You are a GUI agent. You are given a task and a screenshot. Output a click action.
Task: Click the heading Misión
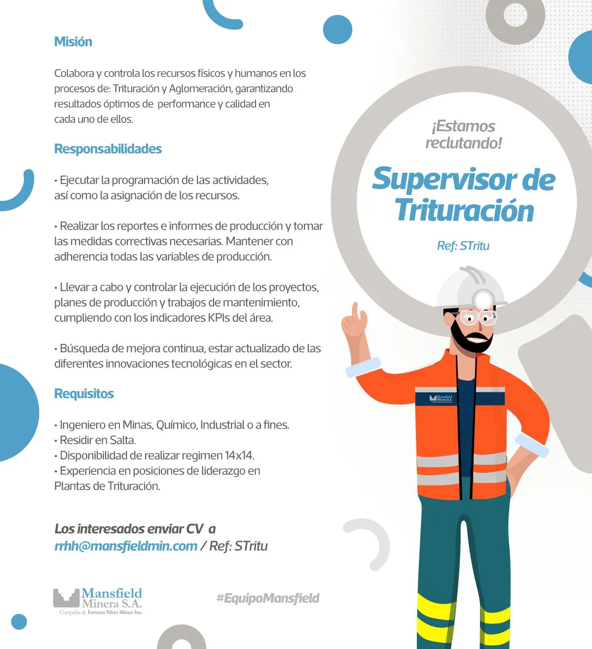(73, 42)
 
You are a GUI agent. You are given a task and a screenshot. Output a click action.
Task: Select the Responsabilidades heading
(108, 149)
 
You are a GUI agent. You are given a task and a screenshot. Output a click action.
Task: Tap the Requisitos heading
(84, 394)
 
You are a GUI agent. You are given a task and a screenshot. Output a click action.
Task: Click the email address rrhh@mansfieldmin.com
(126, 546)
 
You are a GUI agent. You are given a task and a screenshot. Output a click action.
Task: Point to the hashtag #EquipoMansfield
(268, 598)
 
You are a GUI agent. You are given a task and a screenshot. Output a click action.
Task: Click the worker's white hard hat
(469, 289)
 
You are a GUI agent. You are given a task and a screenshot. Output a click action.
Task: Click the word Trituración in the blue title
(464, 211)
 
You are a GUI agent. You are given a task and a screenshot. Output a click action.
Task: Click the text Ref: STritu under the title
(463, 246)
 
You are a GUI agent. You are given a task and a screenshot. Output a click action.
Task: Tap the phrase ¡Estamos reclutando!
(464, 134)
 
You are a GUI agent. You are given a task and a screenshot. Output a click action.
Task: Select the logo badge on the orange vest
(441, 399)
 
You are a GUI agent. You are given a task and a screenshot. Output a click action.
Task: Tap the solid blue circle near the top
(337, 29)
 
